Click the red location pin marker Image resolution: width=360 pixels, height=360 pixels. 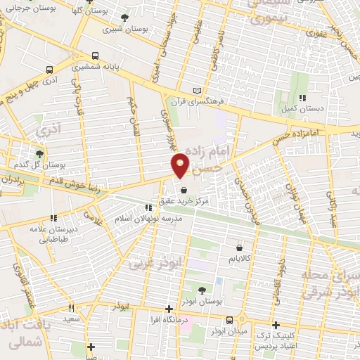(181, 165)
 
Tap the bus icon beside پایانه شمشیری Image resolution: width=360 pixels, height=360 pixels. (96, 55)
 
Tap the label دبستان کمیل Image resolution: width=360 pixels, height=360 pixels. (303, 110)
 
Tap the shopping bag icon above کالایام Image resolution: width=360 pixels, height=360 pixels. (241, 247)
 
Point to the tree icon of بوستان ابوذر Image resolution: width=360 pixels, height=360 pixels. (202, 290)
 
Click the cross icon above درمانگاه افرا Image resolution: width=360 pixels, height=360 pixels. (169, 309)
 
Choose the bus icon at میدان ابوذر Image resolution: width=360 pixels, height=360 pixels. (229, 321)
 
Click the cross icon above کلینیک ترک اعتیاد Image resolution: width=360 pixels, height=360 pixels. (276, 325)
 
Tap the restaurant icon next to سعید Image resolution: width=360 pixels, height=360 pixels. (71, 308)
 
